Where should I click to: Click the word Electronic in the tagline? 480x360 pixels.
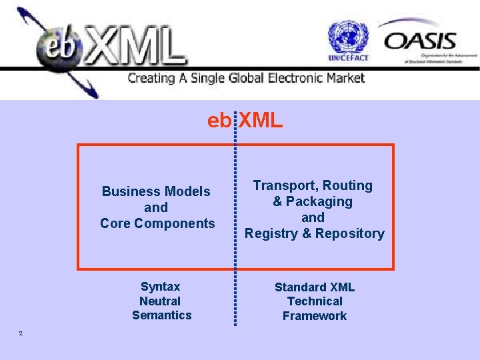(293, 78)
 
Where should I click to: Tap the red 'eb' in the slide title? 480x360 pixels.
(219, 121)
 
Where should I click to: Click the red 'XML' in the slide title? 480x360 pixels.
(261, 121)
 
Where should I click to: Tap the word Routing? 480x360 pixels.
(347, 185)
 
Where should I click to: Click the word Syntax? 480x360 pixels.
(160, 287)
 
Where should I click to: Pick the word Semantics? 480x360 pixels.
(161, 315)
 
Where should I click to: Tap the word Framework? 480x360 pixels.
(315, 316)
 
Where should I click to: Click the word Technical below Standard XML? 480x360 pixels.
(315, 301)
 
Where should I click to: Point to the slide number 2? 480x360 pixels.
(21, 333)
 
